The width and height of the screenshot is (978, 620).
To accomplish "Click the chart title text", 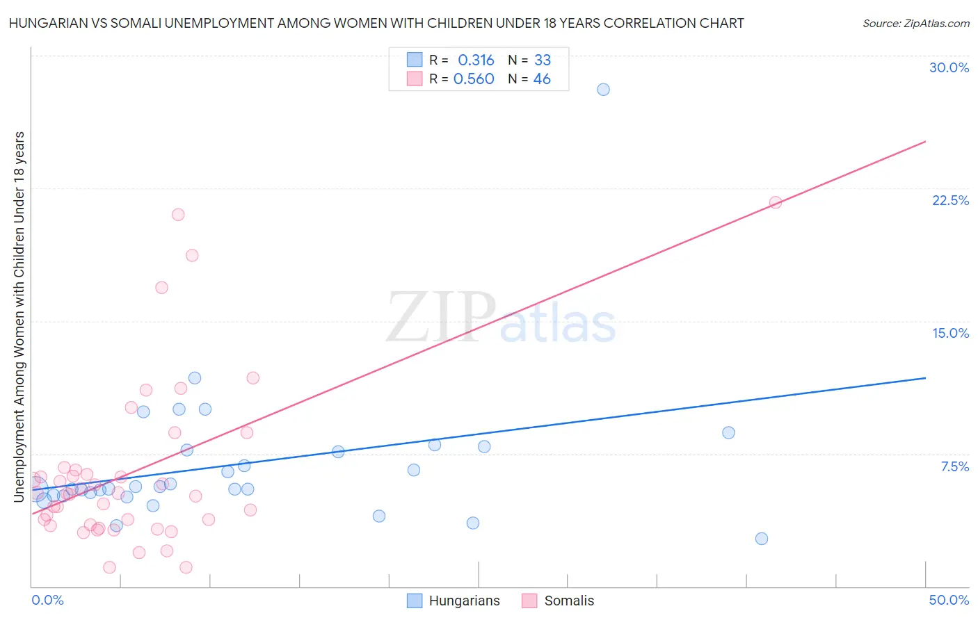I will [376, 23].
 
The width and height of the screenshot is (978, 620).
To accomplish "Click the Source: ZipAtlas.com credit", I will [915, 23].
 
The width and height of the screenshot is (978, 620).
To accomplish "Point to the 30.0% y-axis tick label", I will [949, 67].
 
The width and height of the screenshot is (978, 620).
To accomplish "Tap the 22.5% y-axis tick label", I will [950, 200].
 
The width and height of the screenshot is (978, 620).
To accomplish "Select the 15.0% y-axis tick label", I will [950, 333].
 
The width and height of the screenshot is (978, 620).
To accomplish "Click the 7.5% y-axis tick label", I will [954, 466].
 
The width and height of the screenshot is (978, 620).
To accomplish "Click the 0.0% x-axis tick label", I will [47, 600].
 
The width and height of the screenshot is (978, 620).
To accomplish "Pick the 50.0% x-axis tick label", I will [949, 600].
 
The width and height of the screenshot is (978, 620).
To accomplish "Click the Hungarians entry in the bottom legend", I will [453, 601].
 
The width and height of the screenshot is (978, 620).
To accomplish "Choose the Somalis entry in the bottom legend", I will [558, 601].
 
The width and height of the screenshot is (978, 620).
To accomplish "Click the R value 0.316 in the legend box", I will [476, 60].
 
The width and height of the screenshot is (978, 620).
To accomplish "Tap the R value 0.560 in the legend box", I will [474, 79].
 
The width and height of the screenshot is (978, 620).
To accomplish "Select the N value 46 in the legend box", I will [542, 79].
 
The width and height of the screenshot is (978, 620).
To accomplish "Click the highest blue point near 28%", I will [603, 90].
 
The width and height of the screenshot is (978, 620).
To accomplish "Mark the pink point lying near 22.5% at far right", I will [775, 203].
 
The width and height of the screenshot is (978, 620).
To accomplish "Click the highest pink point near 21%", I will [178, 215].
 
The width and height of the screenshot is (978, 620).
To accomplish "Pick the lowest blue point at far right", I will [762, 539].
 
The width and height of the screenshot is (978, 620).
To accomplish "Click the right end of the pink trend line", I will [925, 142].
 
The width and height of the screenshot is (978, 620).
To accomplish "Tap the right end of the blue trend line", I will [925, 378].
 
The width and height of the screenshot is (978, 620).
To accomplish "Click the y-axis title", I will [19, 316].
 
